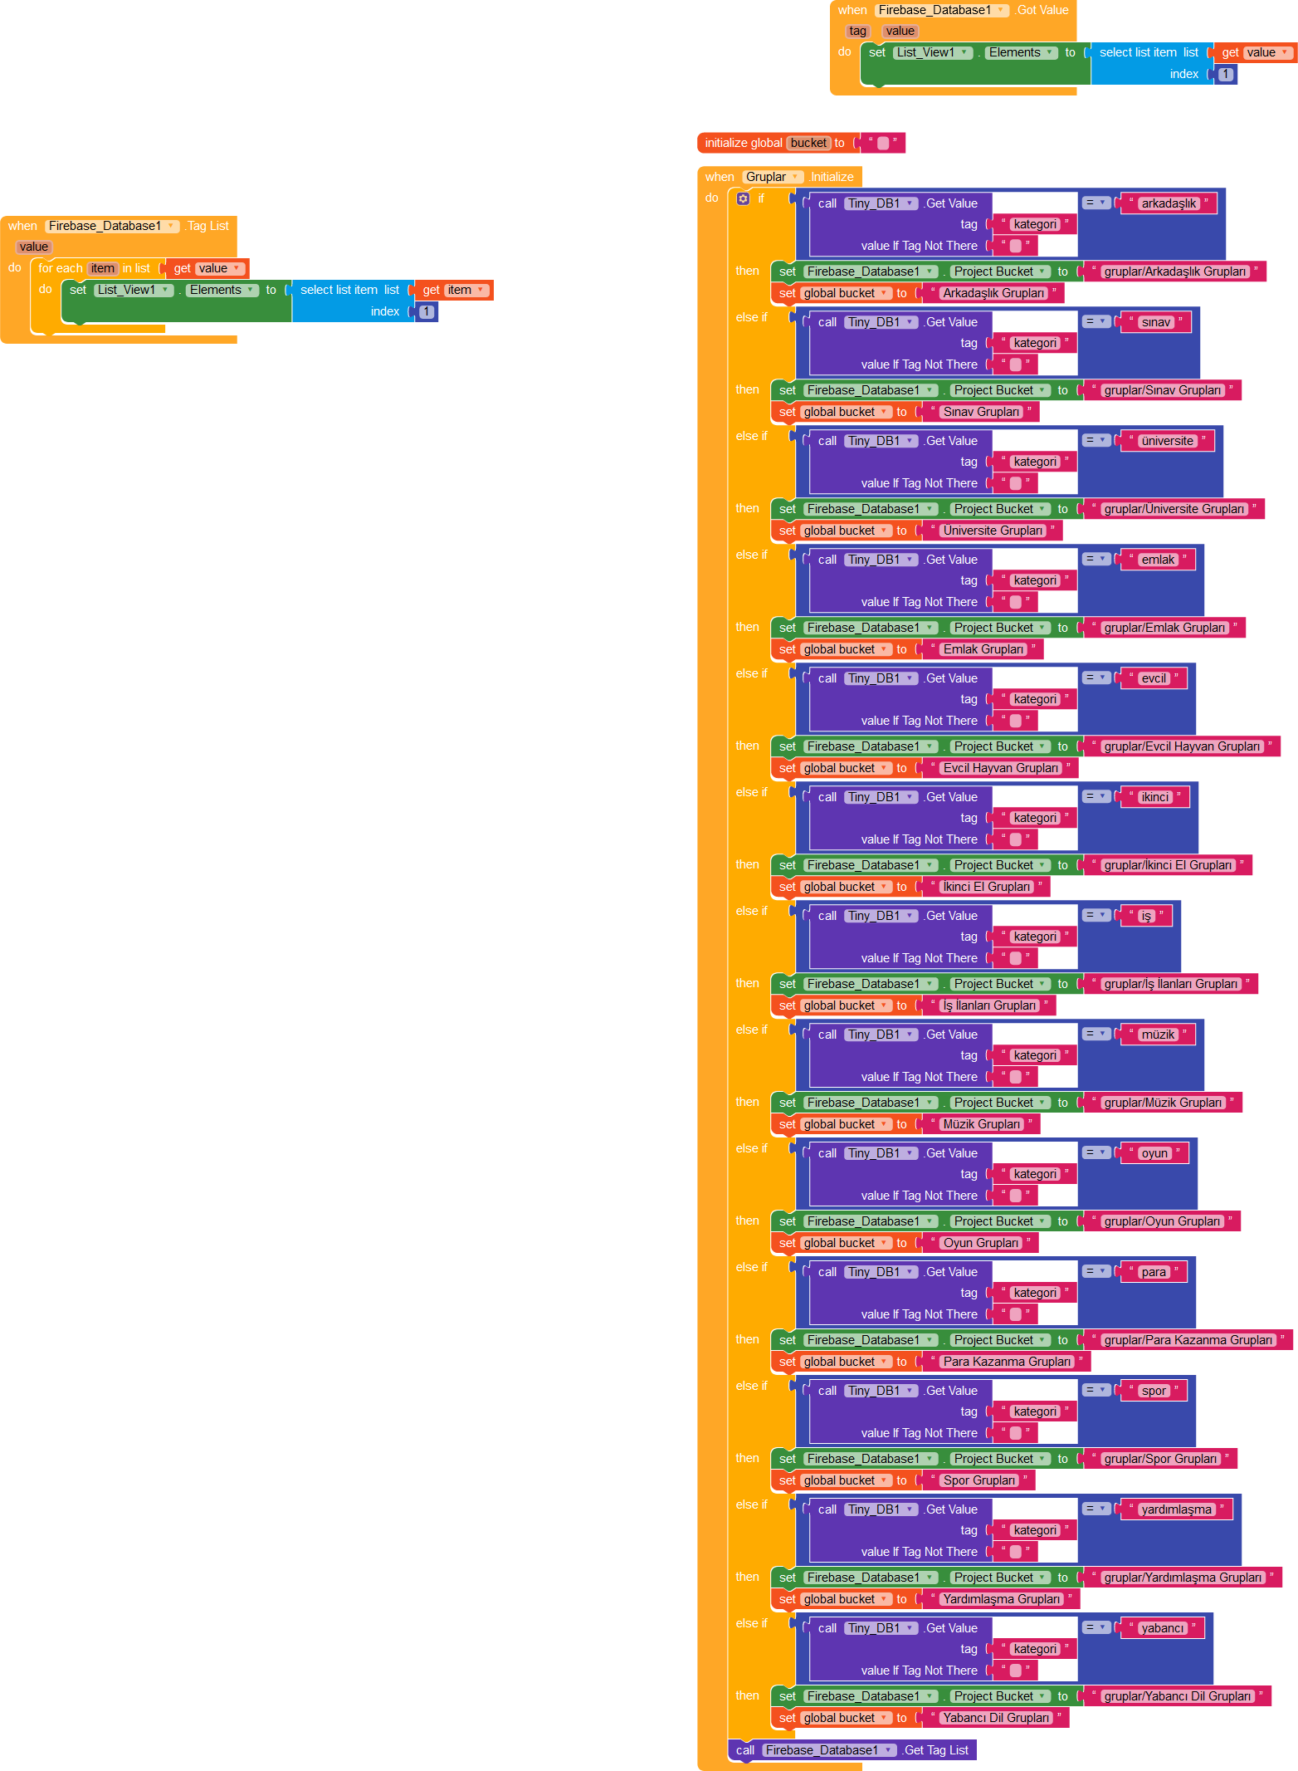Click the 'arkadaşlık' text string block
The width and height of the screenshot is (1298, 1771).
click(x=1169, y=203)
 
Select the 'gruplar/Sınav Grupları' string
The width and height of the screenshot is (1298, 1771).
click(x=1162, y=390)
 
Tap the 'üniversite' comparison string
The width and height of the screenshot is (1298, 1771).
click(x=1167, y=441)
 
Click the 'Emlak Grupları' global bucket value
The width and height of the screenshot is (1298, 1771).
click(x=983, y=649)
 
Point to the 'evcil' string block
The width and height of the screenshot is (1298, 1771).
click(x=1154, y=678)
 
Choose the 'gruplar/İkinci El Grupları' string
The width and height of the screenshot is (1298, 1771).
click(x=1168, y=865)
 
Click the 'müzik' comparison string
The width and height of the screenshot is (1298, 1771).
click(x=1158, y=1035)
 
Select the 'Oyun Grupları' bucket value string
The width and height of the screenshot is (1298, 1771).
click(x=981, y=1243)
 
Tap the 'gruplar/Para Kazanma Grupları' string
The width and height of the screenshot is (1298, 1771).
click(x=1188, y=1340)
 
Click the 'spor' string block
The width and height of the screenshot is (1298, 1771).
click(x=1154, y=1391)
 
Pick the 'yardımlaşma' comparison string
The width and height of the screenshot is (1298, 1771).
click(x=1176, y=1509)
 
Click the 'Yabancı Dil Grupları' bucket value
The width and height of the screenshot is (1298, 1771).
click(x=996, y=1718)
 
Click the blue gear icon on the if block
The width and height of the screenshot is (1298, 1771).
click(x=743, y=198)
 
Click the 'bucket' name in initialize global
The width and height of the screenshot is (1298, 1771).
click(x=808, y=143)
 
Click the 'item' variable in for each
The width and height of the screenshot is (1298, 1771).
click(x=103, y=268)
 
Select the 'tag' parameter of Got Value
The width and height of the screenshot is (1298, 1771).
click(x=857, y=31)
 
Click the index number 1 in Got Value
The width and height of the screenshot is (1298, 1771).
click(x=1226, y=74)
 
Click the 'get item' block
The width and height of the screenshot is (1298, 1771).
click(x=453, y=290)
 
